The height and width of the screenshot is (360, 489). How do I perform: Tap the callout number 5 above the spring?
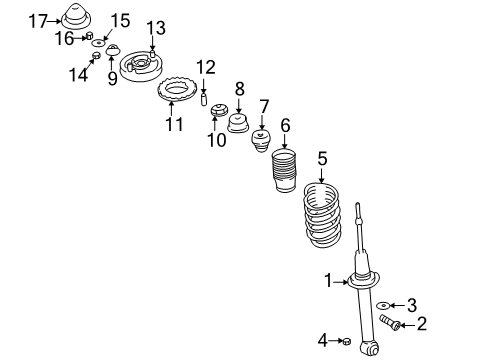[x=322, y=157]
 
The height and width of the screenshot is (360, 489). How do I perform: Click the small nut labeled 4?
[x=346, y=342]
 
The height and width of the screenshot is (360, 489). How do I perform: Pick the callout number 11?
[x=175, y=125]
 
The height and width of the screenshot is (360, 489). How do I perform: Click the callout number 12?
[x=205, y=67]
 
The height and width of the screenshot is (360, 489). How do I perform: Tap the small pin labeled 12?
[x=204, y=98]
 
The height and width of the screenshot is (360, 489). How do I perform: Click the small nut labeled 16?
[x=90, y=38]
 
